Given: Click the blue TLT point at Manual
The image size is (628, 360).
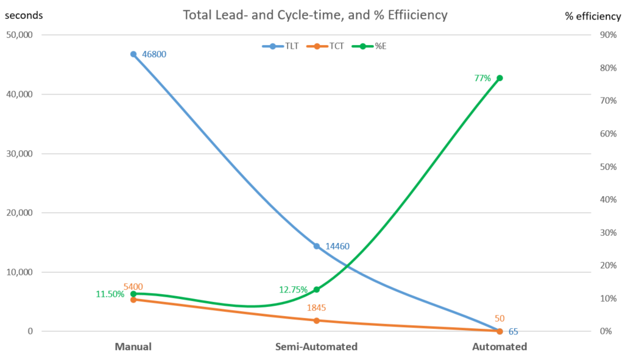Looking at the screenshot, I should tap(133, 54).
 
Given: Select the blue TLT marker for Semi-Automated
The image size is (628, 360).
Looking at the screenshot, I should tap(316, 246).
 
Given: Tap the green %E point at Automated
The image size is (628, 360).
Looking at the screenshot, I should tap(499, 78).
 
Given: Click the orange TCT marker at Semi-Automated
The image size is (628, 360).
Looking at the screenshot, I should tap(316, 320).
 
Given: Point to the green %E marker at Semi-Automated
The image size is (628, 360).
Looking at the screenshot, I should tap(316, 289).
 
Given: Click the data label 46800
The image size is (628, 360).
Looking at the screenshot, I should tap(154, 54).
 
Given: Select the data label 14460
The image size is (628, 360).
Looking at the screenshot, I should tap(337, 247).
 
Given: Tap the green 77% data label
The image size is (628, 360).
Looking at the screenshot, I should tap(482, 78).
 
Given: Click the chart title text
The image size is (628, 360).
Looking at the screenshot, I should tap(316, 15).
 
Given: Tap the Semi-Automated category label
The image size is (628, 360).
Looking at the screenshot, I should tap(316, 347).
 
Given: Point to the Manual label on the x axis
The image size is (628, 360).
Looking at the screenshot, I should tap(133, 347).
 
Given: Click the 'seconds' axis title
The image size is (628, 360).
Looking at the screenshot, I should tap(24, 15).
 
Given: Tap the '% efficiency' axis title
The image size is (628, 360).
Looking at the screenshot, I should tap(591, 16).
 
